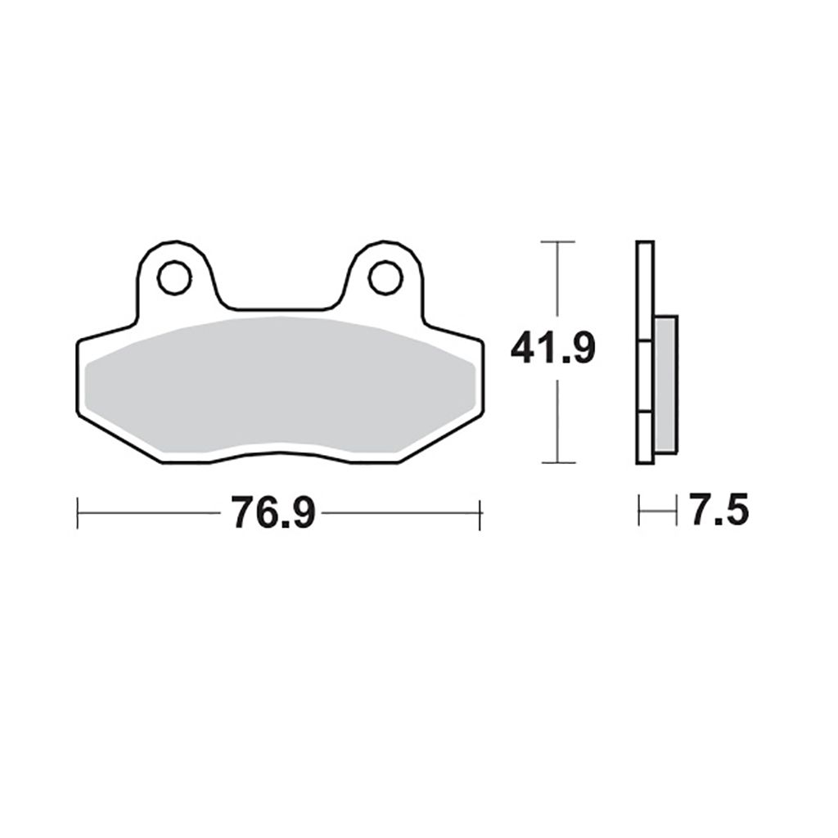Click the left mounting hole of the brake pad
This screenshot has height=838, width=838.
tap(174, 277)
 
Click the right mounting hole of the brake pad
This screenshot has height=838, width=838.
tap(385, 277)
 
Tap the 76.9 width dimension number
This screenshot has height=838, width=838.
tap(273, 512)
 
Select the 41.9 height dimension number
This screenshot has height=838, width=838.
tap(552, 349)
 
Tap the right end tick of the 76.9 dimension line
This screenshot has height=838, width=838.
tap(480, 515)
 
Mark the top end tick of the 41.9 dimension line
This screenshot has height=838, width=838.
tap(558, 242)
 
